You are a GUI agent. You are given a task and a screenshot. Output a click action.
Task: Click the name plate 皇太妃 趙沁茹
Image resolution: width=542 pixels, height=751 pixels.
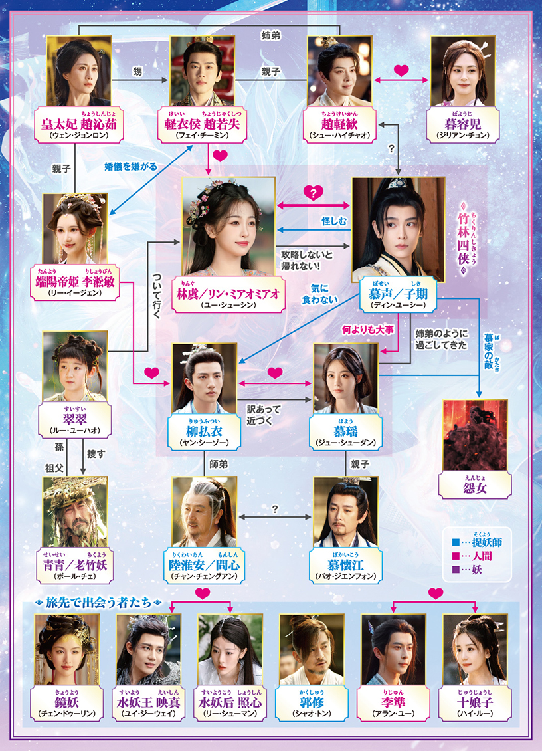pos(79,124)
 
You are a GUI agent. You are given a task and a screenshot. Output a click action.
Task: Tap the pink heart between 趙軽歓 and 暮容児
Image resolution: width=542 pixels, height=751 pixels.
pos(401,71)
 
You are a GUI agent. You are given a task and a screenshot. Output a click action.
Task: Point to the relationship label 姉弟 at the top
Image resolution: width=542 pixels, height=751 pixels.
pos(270,35)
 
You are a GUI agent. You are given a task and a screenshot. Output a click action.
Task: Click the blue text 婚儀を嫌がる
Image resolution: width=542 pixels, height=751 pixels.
pos(130,166)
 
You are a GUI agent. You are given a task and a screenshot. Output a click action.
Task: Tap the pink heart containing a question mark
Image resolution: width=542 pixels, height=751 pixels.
pos(313,193)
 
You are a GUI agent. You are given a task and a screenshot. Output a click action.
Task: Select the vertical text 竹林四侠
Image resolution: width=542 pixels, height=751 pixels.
pos(463,239)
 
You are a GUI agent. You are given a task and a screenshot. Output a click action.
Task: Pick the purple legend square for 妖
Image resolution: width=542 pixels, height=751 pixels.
pos(456,570)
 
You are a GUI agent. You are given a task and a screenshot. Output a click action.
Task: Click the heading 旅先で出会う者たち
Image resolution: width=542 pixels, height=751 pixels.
pos(98,602)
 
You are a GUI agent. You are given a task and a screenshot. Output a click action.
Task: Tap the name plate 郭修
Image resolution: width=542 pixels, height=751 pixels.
pos(312,703)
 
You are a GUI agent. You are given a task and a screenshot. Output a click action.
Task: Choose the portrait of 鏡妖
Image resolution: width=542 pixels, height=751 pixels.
pos(67,650)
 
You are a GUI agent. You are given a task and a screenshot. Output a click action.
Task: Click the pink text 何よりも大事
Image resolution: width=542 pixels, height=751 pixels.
pos(368,330)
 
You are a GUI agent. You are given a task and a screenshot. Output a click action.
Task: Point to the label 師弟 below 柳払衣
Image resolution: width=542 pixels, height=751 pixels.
pos(219,464)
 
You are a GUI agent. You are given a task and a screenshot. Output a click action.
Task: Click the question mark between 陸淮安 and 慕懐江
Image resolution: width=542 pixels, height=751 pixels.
pos(275,509)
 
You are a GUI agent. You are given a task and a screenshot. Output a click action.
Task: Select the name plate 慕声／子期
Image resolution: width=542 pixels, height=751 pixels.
pos(398,294)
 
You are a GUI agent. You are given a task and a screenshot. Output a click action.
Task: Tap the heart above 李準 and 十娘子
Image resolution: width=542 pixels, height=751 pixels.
pos(435,593)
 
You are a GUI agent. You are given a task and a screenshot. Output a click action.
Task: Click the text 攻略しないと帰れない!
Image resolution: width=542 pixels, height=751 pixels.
pos(306,260)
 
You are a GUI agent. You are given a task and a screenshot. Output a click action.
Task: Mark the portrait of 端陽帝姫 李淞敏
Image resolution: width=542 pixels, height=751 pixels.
pos(75,229)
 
